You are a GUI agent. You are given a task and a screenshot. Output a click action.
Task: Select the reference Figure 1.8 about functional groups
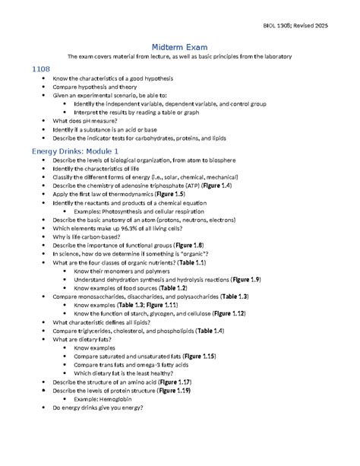(188, 246)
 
